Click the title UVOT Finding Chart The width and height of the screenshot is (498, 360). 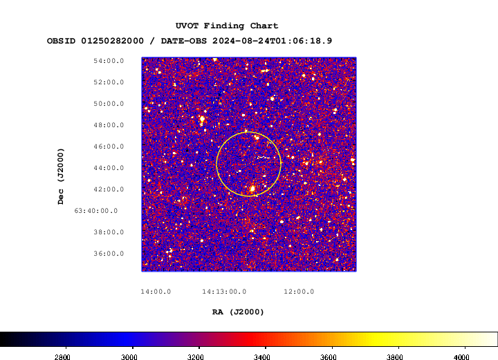[x=227, y=26]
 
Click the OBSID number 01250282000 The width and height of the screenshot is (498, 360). [x=113, y=41]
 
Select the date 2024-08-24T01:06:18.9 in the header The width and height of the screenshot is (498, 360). [x=273, y=41]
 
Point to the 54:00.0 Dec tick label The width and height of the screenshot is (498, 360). [x=109, y=61]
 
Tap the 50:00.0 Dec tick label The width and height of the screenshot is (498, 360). [x=109, y=104]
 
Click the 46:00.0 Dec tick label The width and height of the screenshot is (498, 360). [x=109, y=146]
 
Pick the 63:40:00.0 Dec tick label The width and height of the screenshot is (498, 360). [x=96, y=211]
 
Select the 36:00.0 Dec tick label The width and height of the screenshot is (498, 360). [x=109, y=254]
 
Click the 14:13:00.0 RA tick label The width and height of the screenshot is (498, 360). [x=224, y=292]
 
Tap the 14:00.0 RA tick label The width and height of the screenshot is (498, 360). [x=156, y=292]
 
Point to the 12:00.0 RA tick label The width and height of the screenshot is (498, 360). [x=299, y=292]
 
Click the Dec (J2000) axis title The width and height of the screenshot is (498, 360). [x=61, y=176]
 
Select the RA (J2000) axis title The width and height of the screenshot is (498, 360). [x=238, y=312]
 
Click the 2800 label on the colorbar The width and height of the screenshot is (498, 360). [x=62, y=357]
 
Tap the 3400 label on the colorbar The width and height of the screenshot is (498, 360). [x=261, y=357]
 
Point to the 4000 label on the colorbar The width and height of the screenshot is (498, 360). [x=461, y=357]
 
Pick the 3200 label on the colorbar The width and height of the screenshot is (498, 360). [x=195, y=357]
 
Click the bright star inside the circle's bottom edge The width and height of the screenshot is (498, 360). [x=252, y=189]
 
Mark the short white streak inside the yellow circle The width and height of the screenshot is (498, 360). [x=263, y=157]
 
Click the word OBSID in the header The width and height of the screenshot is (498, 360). [x=61, y=41]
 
